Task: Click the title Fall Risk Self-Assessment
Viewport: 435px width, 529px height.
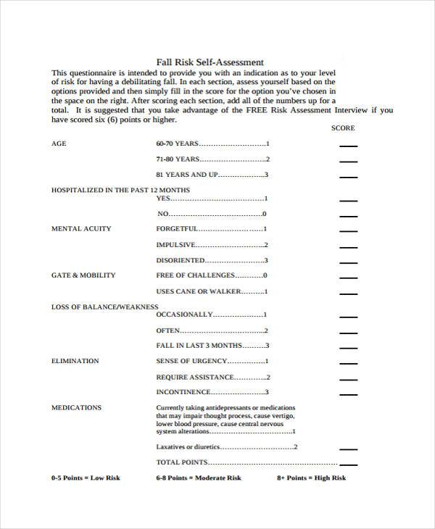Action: [210, 62]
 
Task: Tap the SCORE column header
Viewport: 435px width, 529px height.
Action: [343, 128]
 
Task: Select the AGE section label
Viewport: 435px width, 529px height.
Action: [59, 143]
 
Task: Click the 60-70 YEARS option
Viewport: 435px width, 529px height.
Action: [177, 143]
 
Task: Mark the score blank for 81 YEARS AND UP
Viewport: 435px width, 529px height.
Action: [349, 176]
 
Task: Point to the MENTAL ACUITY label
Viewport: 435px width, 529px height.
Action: [81, 228]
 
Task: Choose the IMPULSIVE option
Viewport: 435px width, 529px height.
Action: [175, 245]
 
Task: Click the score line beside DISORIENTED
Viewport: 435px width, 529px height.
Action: [349, 262]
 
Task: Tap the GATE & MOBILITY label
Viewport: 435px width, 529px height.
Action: [83, 275]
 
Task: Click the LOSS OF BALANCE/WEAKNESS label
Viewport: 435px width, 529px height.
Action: [104, 307]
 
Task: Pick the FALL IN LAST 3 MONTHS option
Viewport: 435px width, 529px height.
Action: [199, 346]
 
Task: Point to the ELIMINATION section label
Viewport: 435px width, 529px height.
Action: [75, 361]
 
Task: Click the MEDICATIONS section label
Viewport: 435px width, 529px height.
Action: [76, 407]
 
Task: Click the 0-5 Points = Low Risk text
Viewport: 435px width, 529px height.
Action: [86, 478]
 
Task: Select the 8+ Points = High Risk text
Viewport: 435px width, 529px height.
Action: [312, 478]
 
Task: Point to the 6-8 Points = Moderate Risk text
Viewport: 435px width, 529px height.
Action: [198, 478]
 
